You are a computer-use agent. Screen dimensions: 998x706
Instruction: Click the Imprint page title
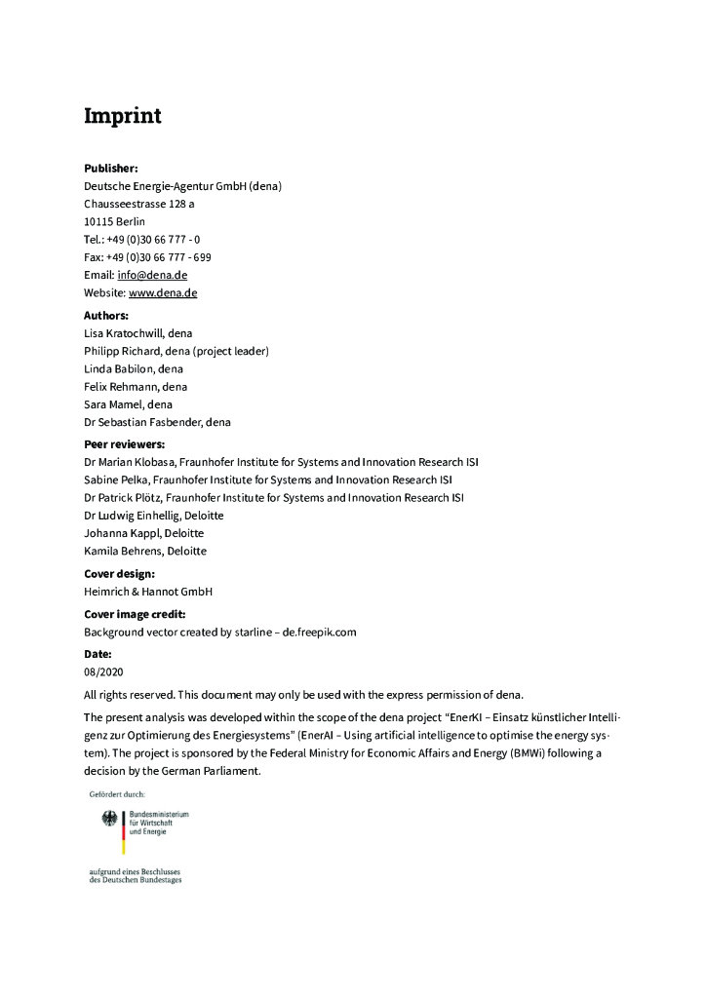122,117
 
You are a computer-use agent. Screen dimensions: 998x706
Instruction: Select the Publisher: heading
111,169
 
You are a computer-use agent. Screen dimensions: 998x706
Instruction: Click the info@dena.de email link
152,275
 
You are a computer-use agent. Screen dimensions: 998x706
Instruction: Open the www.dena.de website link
163,292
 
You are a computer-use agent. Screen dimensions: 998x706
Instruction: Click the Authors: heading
106,316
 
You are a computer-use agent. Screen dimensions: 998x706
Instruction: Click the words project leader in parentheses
231,351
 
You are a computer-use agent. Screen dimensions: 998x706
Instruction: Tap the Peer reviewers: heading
125,444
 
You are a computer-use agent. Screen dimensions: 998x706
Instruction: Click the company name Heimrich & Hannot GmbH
148,592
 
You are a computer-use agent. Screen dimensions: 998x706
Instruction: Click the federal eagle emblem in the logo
109,821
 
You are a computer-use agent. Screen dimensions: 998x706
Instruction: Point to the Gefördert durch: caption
117,793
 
